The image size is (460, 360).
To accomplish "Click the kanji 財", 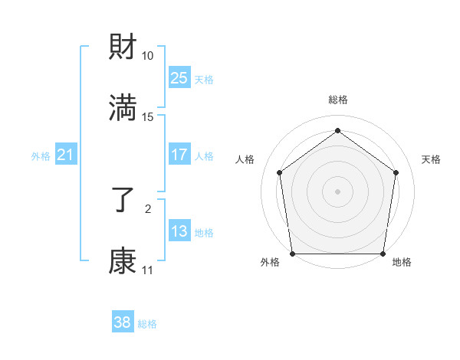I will [x=123, y=48].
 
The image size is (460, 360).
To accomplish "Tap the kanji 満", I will [x=123, y=108].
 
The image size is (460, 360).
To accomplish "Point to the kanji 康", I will [x=123, y=261].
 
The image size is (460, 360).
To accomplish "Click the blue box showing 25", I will [x=179, y=78].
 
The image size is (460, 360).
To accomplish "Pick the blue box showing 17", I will [x=179, y=155].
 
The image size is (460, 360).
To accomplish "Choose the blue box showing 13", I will [x=179, y=231].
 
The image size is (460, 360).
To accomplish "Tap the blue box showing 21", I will [x=65, y=155].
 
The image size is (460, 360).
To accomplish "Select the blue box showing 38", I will [x=122, y=322].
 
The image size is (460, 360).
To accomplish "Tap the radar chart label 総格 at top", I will [x=337, y=100].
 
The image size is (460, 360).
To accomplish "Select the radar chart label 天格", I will [x=431, y=159].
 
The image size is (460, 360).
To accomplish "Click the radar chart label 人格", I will [x=245, y=159].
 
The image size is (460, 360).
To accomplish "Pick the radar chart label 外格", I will [x=270, y=262].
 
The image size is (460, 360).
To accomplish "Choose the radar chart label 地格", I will [x=402, y=262].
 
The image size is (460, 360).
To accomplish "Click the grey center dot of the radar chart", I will [x=337, y=191].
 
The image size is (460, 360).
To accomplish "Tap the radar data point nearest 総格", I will [x=337, y=130].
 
